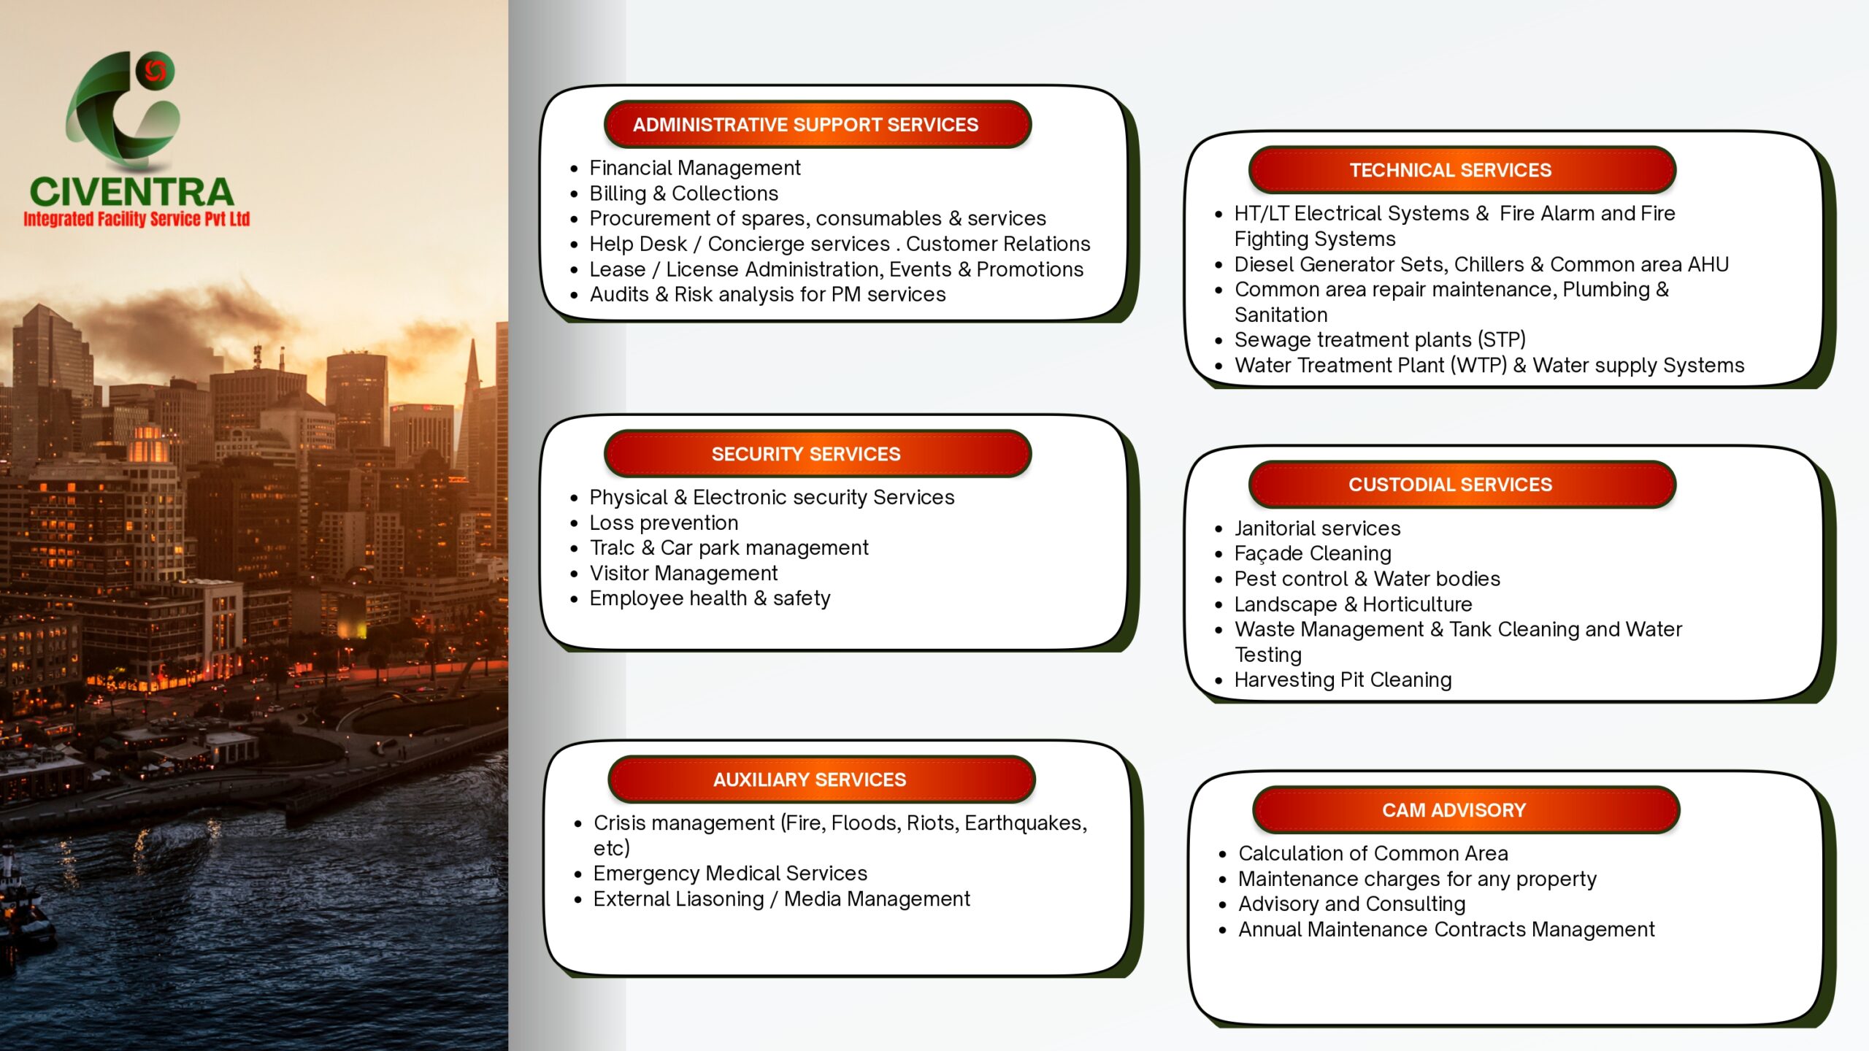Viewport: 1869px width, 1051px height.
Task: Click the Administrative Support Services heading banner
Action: click(x=817, y=124)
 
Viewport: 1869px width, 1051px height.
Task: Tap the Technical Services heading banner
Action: click(x=1462, y=169)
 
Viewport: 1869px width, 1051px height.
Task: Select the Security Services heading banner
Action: click(x=817, y=453)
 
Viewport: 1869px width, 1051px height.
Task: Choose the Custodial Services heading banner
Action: click(x=1462, y=484)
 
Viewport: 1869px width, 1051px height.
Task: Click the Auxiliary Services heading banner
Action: click(x=821, y=779)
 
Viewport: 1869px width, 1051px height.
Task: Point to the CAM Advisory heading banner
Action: click(x=1466, y=809)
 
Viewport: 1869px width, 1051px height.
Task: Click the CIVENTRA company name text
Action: click(x=132, y=191)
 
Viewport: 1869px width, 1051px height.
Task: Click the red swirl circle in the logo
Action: click(x=155, y=71)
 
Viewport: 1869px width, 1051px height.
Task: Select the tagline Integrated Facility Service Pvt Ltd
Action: click(x=137, y=219)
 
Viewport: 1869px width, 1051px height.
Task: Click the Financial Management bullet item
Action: click(x=694, y=168)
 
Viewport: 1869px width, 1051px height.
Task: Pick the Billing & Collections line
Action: click(x=683, y=193)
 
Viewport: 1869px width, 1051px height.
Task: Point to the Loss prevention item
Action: click(x=664, y=523)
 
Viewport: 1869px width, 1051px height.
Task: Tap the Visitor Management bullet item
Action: click(x=683, y=573)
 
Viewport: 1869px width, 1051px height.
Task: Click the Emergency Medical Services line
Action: click(x=730, y=873)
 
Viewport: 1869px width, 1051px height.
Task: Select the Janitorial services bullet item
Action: click(x=1317, y=528)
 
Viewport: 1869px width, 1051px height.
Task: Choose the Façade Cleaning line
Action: click(x=1313, y=553)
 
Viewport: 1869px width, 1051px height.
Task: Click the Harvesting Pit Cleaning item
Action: click(x=1343, y=680)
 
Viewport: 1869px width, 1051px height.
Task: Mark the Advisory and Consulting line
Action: click(x=1351, y=904)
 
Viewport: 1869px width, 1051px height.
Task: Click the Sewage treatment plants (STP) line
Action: click(x=1380, y=339)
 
